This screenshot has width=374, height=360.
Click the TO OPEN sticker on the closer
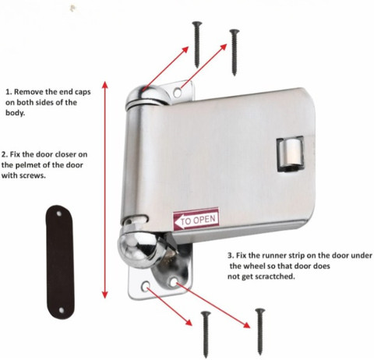196,219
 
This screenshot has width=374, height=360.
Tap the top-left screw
197,44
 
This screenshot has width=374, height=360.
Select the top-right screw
235,52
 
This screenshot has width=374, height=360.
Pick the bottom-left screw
206,334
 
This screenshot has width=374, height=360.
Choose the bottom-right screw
259,331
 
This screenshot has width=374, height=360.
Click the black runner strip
60,262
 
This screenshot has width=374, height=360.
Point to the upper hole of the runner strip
58,214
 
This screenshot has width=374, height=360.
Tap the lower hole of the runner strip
62,310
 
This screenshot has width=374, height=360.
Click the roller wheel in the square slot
291,154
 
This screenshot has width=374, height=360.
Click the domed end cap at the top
147,95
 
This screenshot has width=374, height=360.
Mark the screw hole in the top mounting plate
178,92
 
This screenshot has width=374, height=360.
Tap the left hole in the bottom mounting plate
146,285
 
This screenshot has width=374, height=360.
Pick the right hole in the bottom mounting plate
173,282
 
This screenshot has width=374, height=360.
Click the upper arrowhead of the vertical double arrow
105,85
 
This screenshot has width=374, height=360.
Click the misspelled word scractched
275,277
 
